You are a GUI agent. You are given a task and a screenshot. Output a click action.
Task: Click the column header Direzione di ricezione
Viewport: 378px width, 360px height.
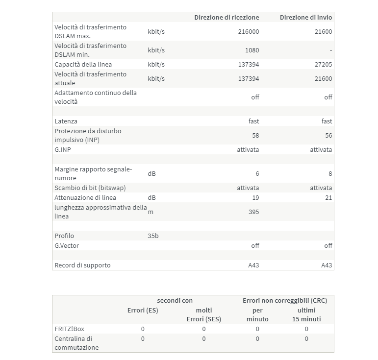(227, 17)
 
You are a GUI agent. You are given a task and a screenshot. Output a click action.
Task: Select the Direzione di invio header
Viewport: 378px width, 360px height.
(306, 17)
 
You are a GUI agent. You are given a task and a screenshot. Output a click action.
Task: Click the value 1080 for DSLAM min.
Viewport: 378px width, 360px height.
(252, 50)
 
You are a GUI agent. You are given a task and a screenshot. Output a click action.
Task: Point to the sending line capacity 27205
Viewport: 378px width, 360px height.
(324, 64)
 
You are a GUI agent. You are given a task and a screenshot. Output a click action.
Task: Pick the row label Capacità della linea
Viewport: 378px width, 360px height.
(83, 64)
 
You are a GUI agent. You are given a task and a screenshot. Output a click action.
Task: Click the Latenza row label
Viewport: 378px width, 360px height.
(66, 121)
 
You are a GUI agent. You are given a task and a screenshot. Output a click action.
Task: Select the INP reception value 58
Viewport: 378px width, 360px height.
(255, 135)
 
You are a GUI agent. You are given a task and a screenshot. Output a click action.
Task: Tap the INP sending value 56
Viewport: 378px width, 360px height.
(328, 135)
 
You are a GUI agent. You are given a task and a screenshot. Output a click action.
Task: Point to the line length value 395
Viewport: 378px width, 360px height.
(253, 212)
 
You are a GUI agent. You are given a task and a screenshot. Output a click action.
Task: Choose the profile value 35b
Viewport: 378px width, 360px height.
(153, 236)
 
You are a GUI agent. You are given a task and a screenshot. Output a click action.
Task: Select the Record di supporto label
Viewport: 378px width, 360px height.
(83, 265)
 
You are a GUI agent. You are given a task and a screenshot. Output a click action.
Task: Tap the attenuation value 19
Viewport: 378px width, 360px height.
(255, 197)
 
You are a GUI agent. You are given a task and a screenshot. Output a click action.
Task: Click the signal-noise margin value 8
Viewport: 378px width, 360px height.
(330, 173)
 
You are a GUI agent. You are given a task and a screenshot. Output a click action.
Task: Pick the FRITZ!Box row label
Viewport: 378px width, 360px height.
(70, 329)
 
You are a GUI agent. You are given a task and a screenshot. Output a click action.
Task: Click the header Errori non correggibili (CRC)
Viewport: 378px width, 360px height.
(285, 300)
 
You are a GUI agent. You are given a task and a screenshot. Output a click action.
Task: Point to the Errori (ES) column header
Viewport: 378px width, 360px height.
(143, 310)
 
